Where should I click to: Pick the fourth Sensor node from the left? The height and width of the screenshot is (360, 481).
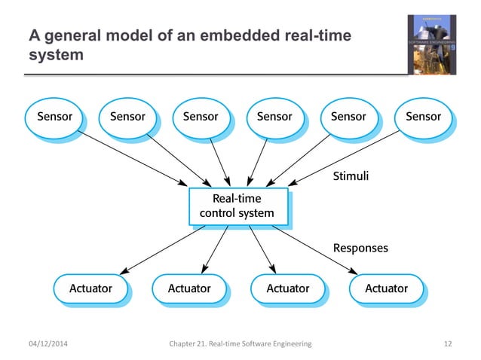point(274,117)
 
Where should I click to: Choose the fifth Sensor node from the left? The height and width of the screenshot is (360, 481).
point(348,117)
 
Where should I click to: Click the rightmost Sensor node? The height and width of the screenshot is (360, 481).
point(423,117)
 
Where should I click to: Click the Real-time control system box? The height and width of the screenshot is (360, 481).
point(237,206)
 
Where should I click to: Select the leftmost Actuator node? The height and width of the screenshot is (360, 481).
point(90,288)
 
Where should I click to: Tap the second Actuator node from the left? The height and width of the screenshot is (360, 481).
point(188,288)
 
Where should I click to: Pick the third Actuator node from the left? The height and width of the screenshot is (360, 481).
point(288,288)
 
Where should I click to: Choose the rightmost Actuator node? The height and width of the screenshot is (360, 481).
point(386,288)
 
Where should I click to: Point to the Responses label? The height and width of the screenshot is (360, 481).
point(360,247)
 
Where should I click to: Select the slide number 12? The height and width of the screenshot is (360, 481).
point(449,344)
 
